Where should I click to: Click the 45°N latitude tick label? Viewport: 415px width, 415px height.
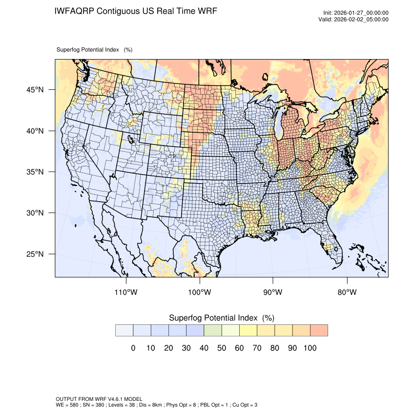click(35, 90)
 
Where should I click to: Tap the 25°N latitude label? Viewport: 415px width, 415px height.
click(35, 254)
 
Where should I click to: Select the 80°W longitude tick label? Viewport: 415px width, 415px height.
click(347, 292)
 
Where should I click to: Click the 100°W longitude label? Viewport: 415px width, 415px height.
click(200, 292)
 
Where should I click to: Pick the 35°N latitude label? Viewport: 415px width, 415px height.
click(35, 172)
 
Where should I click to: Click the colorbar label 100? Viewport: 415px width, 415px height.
click(310, 348)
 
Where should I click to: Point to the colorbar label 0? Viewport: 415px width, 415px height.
click(133, 348)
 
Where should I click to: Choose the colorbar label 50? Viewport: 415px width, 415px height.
click(222, 348)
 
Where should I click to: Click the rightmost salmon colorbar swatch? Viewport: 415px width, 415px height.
click(319, 331)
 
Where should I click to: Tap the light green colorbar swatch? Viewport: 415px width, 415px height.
click(213, 331)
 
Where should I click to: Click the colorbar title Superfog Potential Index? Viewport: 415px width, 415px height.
click(213, 318)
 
